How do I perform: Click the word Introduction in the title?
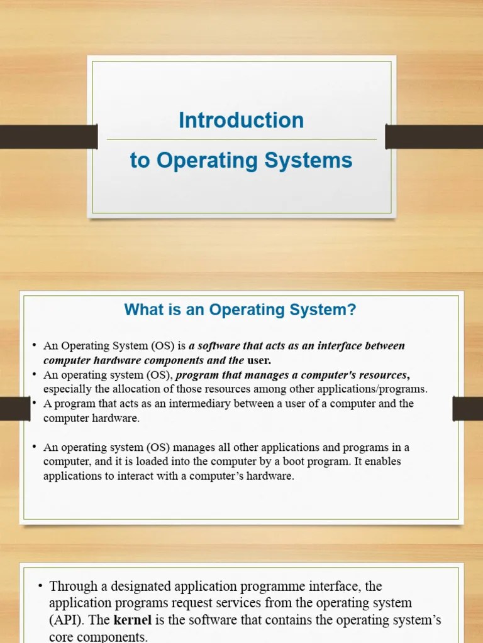[x=241, y=120]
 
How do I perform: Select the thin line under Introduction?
[x=241, y=139]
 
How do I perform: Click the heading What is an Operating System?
[x=240, y=310]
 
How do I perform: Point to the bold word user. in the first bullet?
[x=259, y=360]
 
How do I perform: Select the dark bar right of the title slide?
[x=434, y=137]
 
